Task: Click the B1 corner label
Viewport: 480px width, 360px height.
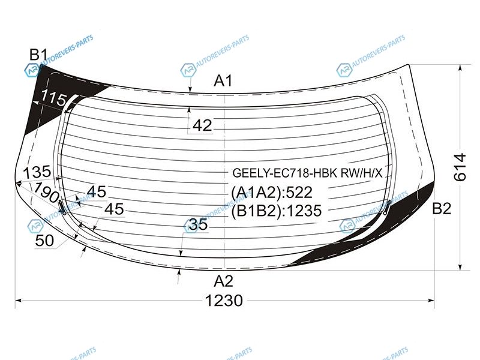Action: point(39,55)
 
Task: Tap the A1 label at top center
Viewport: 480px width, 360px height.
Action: point(223,81)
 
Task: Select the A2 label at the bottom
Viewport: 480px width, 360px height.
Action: point(223,281)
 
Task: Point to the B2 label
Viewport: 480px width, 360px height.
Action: point(442,209)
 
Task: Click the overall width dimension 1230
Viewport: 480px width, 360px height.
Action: point(224,301)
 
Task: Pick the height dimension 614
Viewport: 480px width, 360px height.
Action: point(460,167)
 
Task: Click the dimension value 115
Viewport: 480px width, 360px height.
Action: point(53,98)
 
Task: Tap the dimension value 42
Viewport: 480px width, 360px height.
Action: point(202,125)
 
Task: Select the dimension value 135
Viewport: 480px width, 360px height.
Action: point(37,172)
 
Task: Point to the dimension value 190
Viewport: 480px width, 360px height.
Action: point(46,192)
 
